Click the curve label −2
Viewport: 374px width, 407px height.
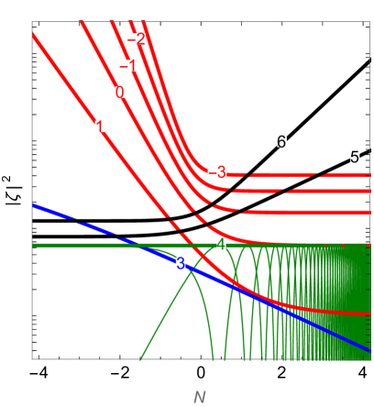[x=137, y=39]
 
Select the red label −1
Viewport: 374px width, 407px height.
[x=128, y=66]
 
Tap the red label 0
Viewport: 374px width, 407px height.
[x=120, y=93]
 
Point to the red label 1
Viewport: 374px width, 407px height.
[x=100, y=126]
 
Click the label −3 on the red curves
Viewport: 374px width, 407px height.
[x=216, y=172]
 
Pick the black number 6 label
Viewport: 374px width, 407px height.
[x=281, y=142]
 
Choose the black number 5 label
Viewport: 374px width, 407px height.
[x=355, y=157]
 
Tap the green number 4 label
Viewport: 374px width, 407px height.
[x=221, y=244]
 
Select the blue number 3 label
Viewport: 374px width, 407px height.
[x=181, y=263]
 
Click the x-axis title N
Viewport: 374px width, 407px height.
[x=199, y=397]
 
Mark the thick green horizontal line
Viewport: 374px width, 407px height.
[x=82, y=245]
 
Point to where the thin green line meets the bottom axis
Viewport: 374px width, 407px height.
[x=140, y=358]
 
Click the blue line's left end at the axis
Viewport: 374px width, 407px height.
[x=33, y=205]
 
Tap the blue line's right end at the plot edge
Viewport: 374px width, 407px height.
[x=369, y=350]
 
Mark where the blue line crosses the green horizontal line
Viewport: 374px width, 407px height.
[x=136, y=245]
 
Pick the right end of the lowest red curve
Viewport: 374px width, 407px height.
[x=369, y=313]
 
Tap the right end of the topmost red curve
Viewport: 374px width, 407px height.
[x=369, y=174]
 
